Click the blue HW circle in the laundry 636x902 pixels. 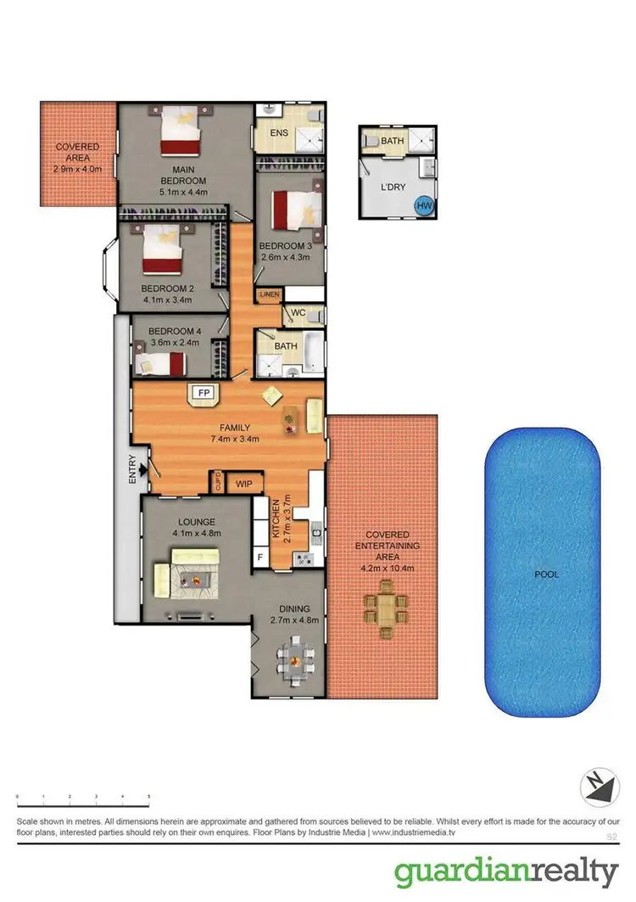pos(422,204)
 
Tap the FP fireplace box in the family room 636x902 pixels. pos(203,393)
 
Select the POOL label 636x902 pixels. pos(546,574)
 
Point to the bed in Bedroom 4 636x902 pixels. pos(161,363)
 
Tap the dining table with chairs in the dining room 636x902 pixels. pos(294,657)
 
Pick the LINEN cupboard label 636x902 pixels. pos(270,294)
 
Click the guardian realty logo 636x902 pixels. pos(506,871)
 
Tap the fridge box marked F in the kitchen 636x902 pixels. pos(259,556)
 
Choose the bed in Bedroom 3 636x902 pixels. pos(296,211)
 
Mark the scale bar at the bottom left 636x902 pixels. pos(83,802)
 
